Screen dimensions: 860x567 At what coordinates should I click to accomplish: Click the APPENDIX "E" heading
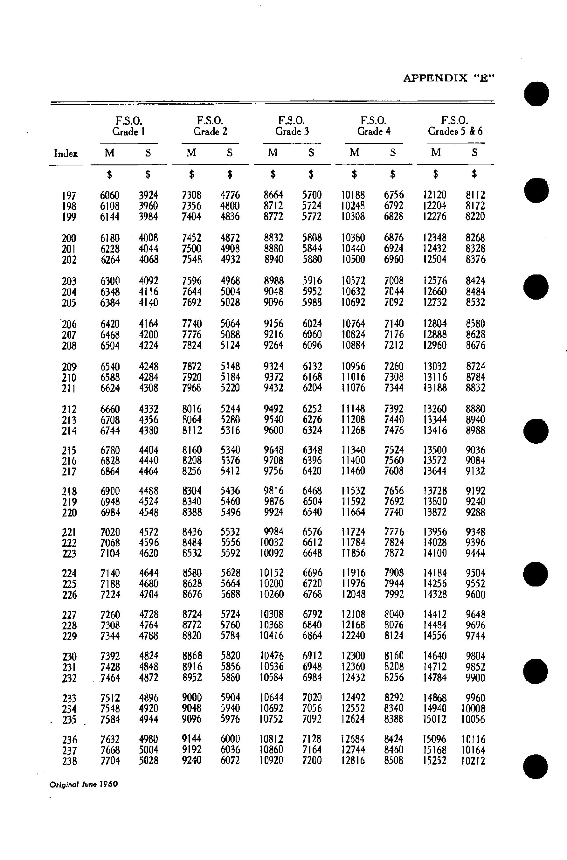[449, 78]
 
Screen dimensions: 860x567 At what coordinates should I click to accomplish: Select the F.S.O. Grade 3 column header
[292, 126]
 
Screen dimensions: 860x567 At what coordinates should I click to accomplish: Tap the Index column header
[66, 154]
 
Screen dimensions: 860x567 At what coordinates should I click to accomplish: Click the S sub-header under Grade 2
[229, 153]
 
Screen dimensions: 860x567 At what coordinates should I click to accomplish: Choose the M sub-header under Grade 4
[354, 153]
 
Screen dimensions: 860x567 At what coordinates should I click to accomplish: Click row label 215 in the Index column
[69, 451]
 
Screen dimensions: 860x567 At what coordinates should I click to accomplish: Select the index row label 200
[69, 238]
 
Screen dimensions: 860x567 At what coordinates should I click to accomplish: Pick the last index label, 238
[69, 761]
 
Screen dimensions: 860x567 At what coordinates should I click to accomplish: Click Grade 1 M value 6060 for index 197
[110, 196]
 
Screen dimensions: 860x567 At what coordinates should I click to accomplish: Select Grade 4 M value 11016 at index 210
[353, 377]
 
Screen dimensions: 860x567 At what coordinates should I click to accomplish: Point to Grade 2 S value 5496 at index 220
[230, 512]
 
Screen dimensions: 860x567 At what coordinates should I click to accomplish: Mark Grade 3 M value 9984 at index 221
[274, 532]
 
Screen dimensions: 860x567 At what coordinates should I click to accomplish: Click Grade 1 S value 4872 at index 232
[149, 678]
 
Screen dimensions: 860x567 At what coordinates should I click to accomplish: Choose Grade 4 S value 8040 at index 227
[394, 614]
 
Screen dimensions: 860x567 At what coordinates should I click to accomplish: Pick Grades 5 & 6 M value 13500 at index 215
[435, 450]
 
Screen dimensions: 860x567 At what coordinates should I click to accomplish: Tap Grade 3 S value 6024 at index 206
[312, 324]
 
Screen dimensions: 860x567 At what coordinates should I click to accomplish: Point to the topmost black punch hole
[536, 94]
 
